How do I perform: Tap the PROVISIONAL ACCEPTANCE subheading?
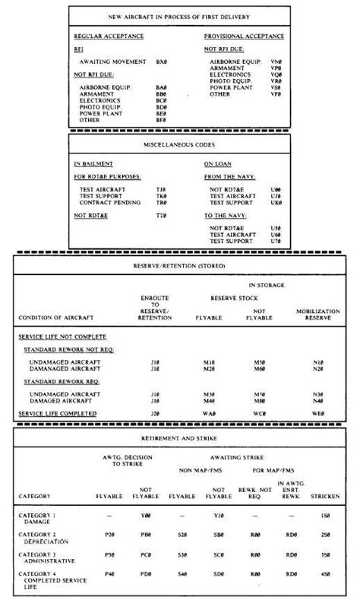click(244, 36)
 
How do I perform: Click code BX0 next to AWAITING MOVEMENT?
click(162, 61)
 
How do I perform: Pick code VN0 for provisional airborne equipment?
click(276, 61)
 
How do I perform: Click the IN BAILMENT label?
click(93, 163)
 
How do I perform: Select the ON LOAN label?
click(217, 163)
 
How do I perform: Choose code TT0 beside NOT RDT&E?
click(161, 216)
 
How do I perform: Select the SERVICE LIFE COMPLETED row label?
click(68, 414)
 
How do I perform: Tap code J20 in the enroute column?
click(155, 414)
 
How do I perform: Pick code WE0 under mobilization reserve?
click(318, 414)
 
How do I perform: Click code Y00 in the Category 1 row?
click(145, 516)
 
